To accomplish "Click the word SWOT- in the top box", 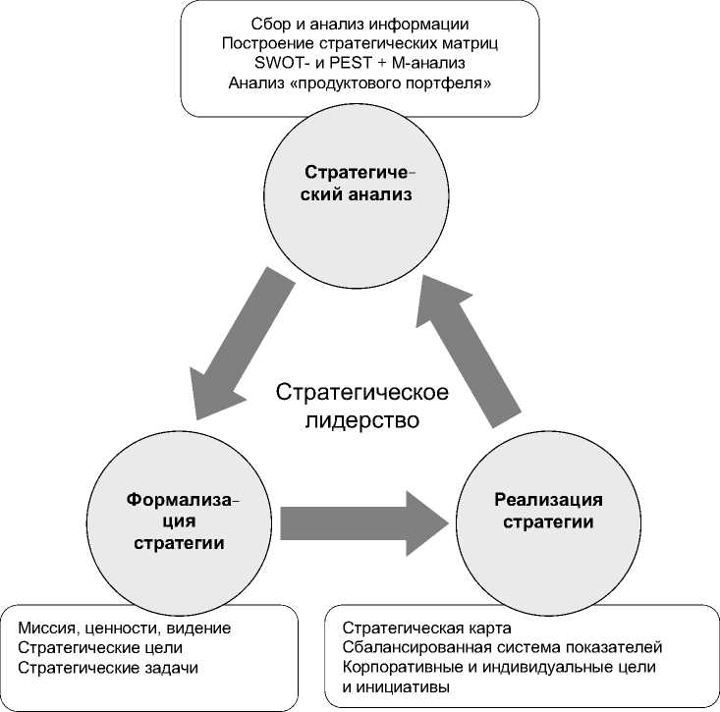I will pyautogui.click(x=281, y=63).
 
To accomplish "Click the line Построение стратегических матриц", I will pyautogui.click(x=360, y=42).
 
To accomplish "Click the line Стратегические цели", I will pyautogui.click(x=100, y=648).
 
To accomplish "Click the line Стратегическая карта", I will pyautogui.click(x=427, y=628).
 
